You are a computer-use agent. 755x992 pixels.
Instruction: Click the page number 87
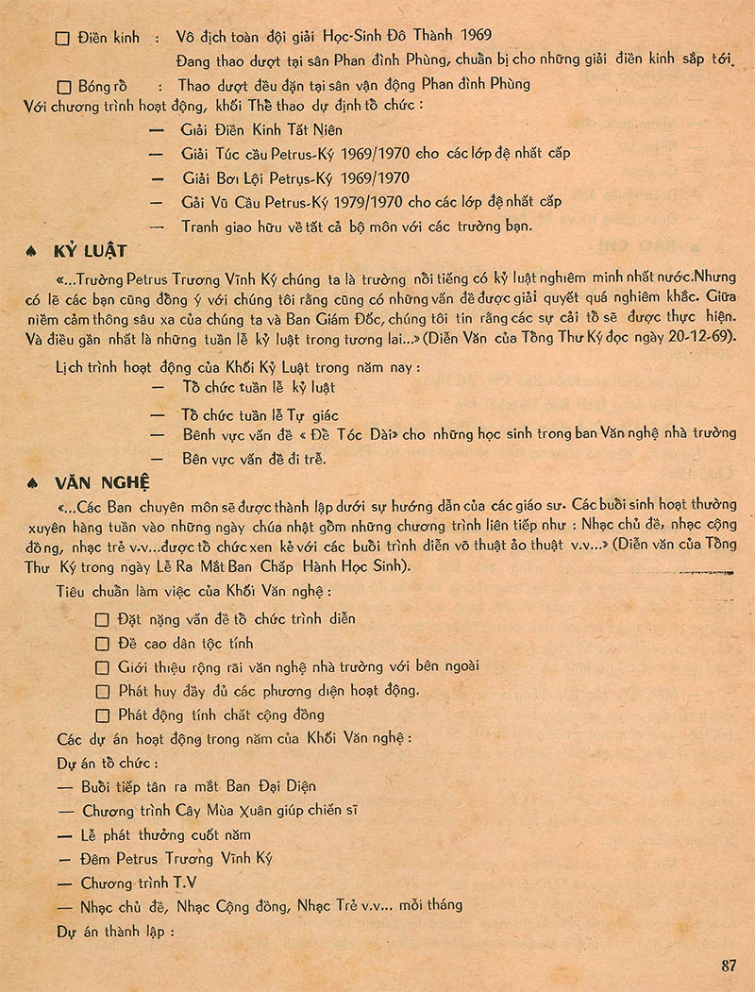pos(728,965)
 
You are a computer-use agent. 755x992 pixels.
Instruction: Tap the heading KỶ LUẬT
pos(91,251)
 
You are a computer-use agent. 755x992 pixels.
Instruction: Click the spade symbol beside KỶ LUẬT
pos(35,251)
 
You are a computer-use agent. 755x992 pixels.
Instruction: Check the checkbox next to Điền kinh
pos(63,39)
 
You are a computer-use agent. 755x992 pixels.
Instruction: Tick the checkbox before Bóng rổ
pos(63,85)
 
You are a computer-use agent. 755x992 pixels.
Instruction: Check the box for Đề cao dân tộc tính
pos(103,644)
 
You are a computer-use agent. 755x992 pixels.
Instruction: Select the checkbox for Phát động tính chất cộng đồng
pos(103,715)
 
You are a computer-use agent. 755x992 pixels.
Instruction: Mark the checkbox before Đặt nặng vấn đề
pos(103,620)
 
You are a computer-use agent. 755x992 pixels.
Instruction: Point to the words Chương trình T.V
pos(139,883)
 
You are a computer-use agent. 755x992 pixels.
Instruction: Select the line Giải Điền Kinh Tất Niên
pos(261,129)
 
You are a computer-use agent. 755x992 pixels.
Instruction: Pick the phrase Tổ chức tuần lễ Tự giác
pos(260,414)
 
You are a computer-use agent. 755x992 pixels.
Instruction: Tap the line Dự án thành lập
pos(117,932)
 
